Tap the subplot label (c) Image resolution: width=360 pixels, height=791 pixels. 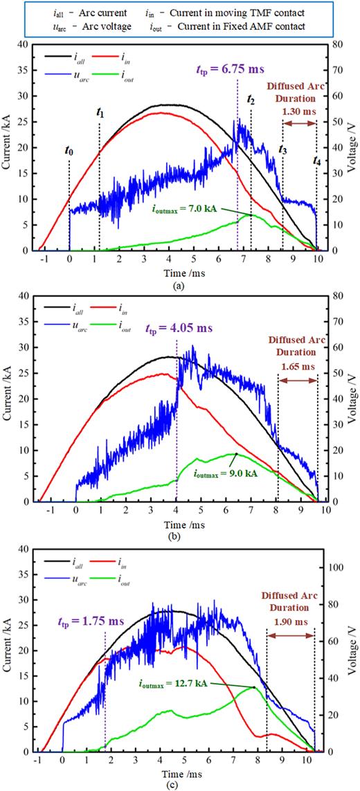click(x=179, y=785)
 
